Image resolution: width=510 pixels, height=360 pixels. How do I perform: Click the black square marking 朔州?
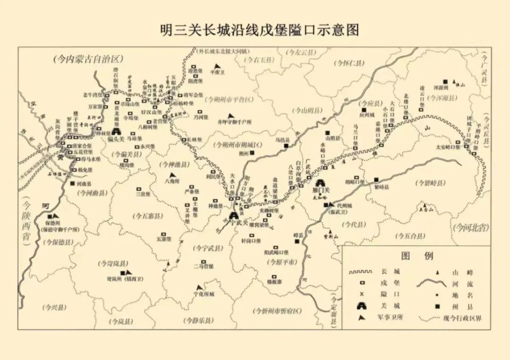coord(253,153)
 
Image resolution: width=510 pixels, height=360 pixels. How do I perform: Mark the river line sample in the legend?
coord(431,283)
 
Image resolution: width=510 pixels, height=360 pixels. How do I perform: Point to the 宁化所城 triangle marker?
coord(199,287)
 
